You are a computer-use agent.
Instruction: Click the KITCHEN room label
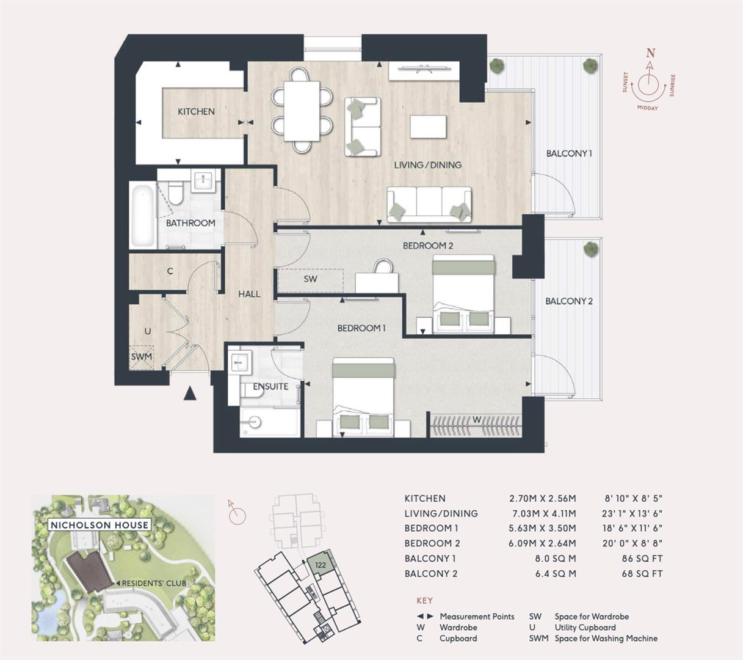(x=196, y=111)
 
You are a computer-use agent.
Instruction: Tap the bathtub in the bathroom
(x=142, y=216)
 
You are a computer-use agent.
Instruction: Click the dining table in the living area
(x=303, y=111)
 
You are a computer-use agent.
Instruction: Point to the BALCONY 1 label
(x=569, y=153)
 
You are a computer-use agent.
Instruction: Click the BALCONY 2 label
(x=569, y=301)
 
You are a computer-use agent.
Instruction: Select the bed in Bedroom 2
(x=463, y=293)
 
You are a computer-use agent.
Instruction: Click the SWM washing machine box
(x=141, y=357)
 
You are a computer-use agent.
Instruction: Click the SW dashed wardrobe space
(x=310, y=279)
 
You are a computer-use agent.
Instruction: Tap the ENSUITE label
(x=270, y=386)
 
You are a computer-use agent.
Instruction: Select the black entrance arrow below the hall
(x=190, y=394)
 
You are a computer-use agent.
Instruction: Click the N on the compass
(x=651, y=53)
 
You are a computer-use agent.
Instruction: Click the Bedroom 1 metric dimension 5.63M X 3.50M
(x=542, y=528)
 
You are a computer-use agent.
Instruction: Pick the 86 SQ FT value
(x=642, y=558)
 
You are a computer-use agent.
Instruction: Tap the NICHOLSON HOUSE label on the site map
(x=99, y=525)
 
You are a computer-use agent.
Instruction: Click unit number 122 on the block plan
(x=320, y=565)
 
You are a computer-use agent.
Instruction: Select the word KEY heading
(x=424, y=601)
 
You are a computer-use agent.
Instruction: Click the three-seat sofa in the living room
(x=429, y=204)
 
